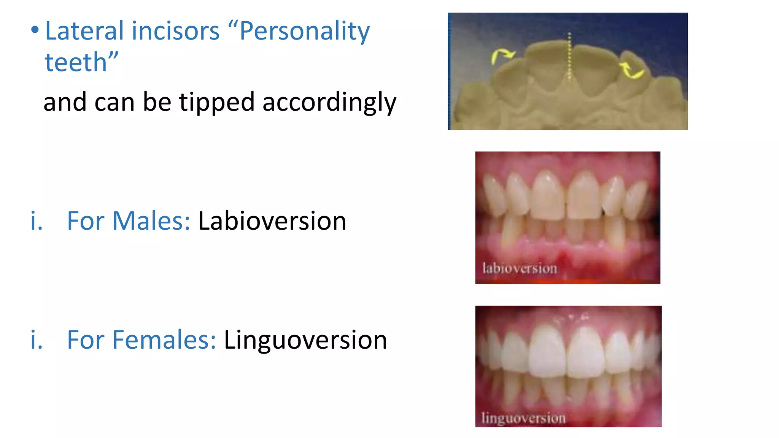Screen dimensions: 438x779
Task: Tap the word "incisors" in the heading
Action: pos(175,31)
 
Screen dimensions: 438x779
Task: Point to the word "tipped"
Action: pos(216,102)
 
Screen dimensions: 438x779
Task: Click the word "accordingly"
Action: pos(329,103)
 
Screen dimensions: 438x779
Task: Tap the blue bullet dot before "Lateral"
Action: pos(35,30)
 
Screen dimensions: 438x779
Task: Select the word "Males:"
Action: pos(151,221)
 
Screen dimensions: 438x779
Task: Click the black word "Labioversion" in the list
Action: pos(272,221)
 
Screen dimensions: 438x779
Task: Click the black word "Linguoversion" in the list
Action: pos(305,340)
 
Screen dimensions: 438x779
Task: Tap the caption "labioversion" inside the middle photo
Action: pos(520,268)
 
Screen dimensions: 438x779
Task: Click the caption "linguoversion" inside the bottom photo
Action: pos(523,418)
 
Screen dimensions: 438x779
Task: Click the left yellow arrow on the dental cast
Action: pos(501,56)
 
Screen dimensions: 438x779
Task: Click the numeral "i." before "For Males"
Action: pos(37,221)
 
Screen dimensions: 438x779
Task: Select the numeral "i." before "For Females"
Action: pos(37,340)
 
